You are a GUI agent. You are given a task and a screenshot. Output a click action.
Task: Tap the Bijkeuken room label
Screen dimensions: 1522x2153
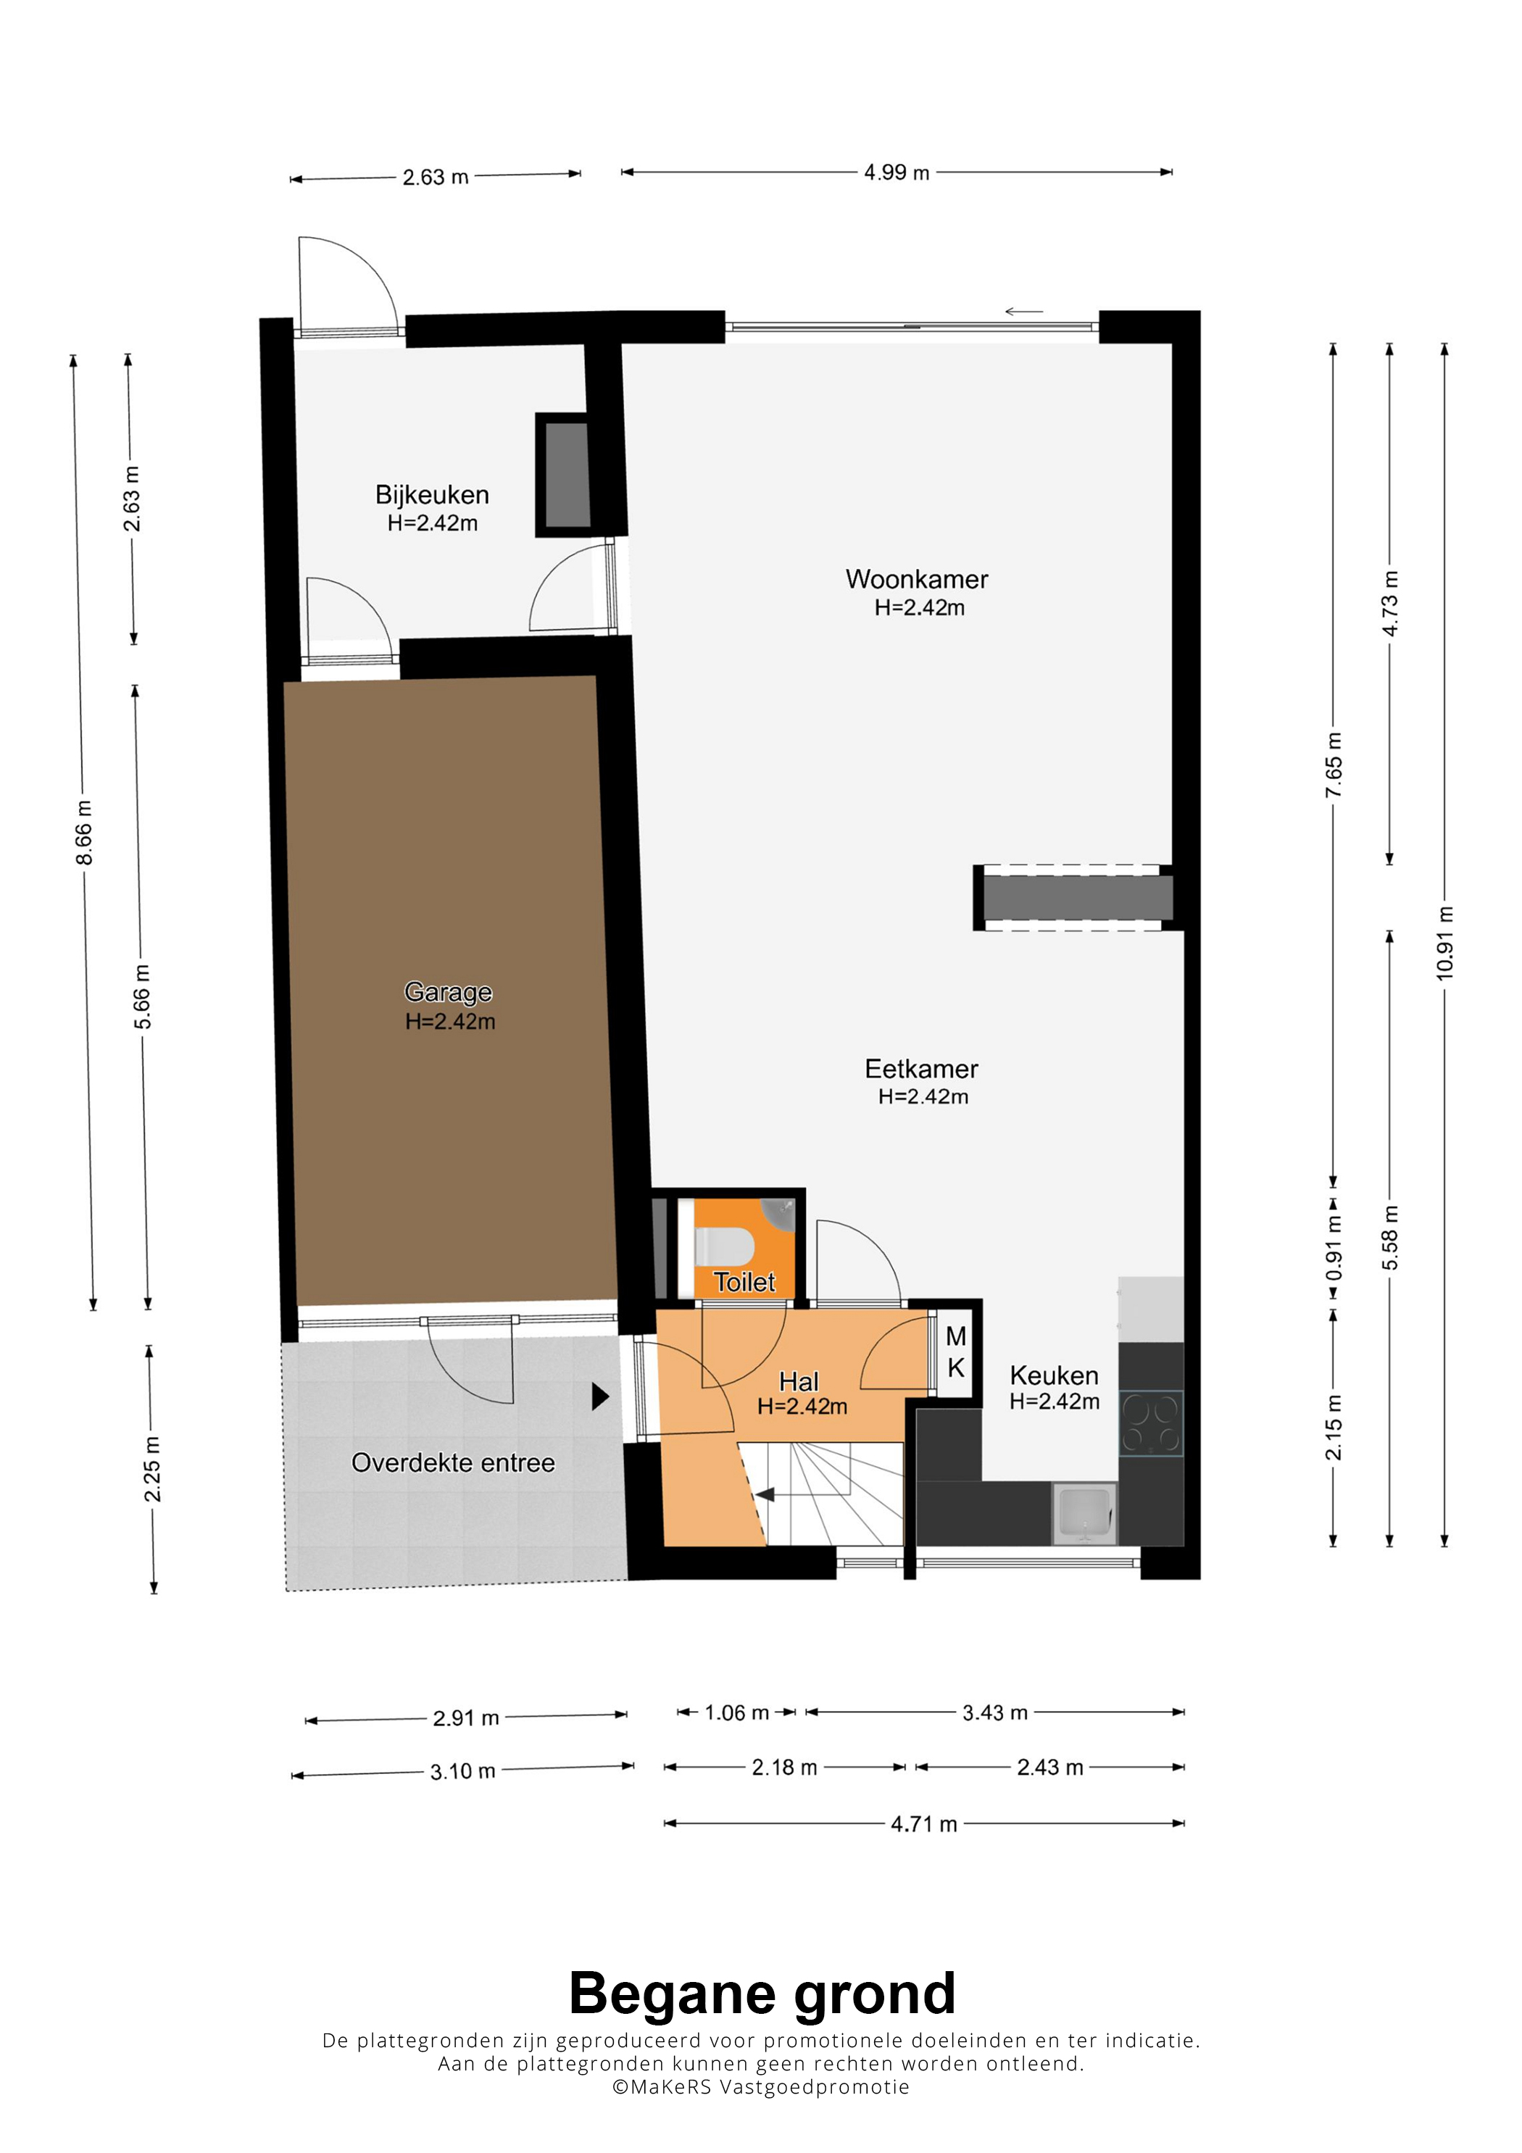pos(432,494)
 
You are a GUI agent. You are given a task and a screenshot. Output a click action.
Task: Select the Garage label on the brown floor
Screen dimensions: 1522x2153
pos(448,991)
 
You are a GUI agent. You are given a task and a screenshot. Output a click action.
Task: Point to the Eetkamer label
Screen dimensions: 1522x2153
pos(921,1068)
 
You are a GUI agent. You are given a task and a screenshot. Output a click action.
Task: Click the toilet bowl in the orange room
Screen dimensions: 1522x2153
pos(724,1247)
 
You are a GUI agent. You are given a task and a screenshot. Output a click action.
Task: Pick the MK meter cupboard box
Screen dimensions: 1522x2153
pos(955,1352)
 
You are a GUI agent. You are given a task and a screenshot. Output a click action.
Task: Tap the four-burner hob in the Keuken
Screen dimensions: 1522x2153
pos(1151,1423)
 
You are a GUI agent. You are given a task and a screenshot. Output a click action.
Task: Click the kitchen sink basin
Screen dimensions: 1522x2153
pos(1084,1512)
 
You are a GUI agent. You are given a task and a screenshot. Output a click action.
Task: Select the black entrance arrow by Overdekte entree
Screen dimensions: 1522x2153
pos(600,1396)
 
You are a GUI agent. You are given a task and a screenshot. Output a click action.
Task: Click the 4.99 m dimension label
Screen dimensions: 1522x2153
pos(897,172)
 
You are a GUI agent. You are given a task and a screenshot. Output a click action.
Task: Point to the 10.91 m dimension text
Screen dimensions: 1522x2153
pos(1444,944)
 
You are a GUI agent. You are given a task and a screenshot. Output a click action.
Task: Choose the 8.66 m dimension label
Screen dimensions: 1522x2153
pos(84,833)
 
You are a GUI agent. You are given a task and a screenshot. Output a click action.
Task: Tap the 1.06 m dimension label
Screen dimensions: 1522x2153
pos(736,1712)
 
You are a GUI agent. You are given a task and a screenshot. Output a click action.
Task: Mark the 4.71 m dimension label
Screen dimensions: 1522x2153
pos(923,1823)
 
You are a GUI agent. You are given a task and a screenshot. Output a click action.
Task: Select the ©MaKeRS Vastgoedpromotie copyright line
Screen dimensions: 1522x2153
pos(760,2086)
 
